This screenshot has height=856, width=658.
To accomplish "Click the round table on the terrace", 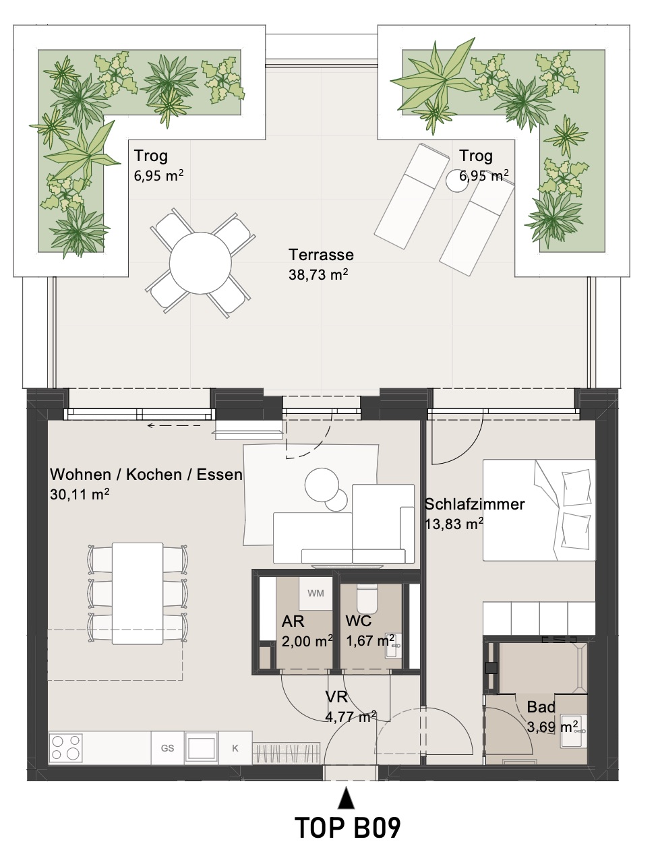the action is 200,263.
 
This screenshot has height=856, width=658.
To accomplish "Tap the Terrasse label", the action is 321,255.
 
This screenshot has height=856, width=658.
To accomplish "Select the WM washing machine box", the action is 316,594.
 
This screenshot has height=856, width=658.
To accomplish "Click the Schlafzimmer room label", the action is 475,504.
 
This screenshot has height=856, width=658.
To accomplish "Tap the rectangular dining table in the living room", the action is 138,593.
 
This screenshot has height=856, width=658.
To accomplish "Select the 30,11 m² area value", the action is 80,493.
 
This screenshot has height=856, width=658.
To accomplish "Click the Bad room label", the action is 541,707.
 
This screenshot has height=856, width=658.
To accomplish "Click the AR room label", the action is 293,621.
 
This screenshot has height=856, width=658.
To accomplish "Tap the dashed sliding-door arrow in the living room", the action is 174,425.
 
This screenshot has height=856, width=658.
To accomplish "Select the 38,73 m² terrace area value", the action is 318,274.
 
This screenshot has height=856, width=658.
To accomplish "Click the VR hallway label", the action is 336,697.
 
